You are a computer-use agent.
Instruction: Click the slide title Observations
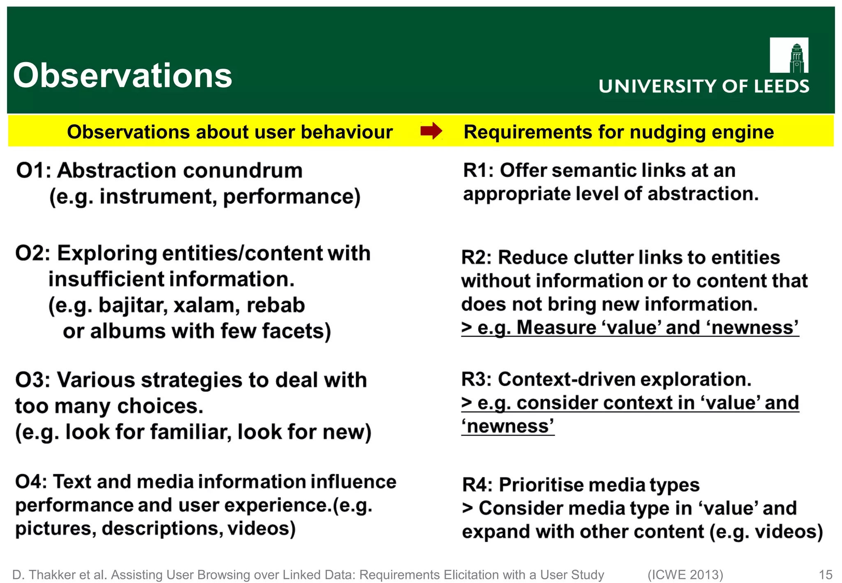click(x=123, y=76)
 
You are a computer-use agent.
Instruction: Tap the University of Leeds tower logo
click(x=789, y=55)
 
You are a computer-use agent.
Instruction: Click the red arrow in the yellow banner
click(x=431, y=132)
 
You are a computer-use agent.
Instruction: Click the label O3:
click(x=33, y=380)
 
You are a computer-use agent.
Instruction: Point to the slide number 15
click(x=825, y=574)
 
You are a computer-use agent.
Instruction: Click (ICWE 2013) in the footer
click(x=685, y=574)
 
